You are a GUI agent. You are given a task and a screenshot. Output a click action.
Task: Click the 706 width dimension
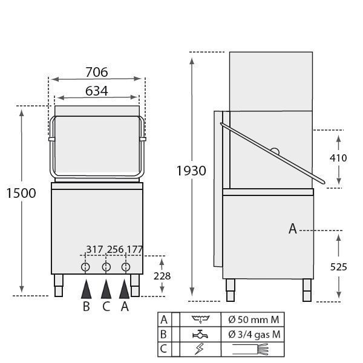[97, 72]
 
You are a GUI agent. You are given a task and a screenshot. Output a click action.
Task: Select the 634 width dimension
[97, 91]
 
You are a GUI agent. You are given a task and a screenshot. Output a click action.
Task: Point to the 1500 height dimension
[21, 193]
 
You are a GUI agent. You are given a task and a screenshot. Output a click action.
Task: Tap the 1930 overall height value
[191, 171]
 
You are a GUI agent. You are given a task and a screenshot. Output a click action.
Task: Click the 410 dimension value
[338, 158]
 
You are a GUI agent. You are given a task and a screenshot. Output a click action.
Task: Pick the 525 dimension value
[338, 267]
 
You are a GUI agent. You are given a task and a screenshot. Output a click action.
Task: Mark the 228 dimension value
[162, 276]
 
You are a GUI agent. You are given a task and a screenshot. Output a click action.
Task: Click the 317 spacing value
[94, 249]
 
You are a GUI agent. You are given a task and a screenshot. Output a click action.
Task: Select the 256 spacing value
[116, 249]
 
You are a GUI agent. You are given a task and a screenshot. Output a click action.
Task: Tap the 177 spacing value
[134, 249]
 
